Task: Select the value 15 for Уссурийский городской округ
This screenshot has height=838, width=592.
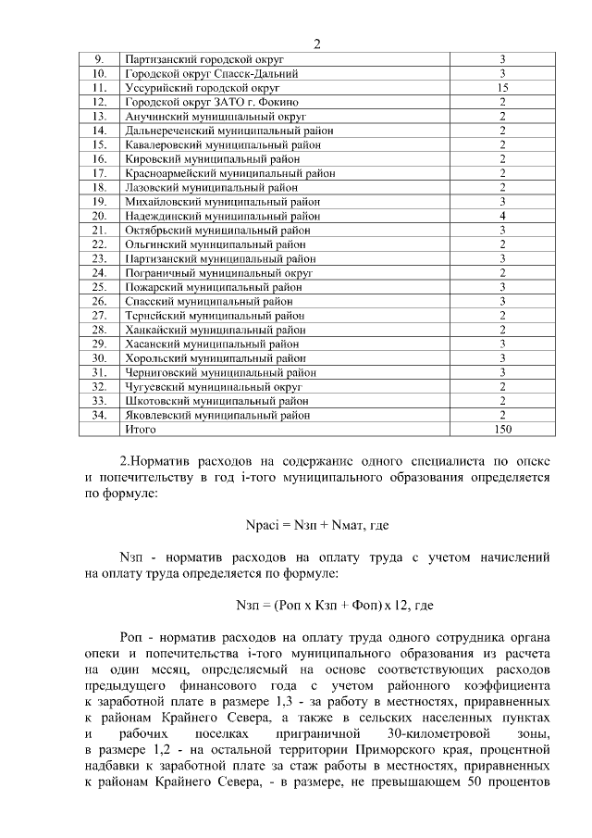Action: pyautogui.click(x=501, y=87)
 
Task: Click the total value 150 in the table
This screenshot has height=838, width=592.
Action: pyautogui.click(x=501, y=430)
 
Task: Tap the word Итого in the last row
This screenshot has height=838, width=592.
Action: pyautogui.click(x=141, y=430)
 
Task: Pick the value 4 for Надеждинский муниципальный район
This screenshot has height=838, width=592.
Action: pyautogui.click(x=501, y=216)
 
